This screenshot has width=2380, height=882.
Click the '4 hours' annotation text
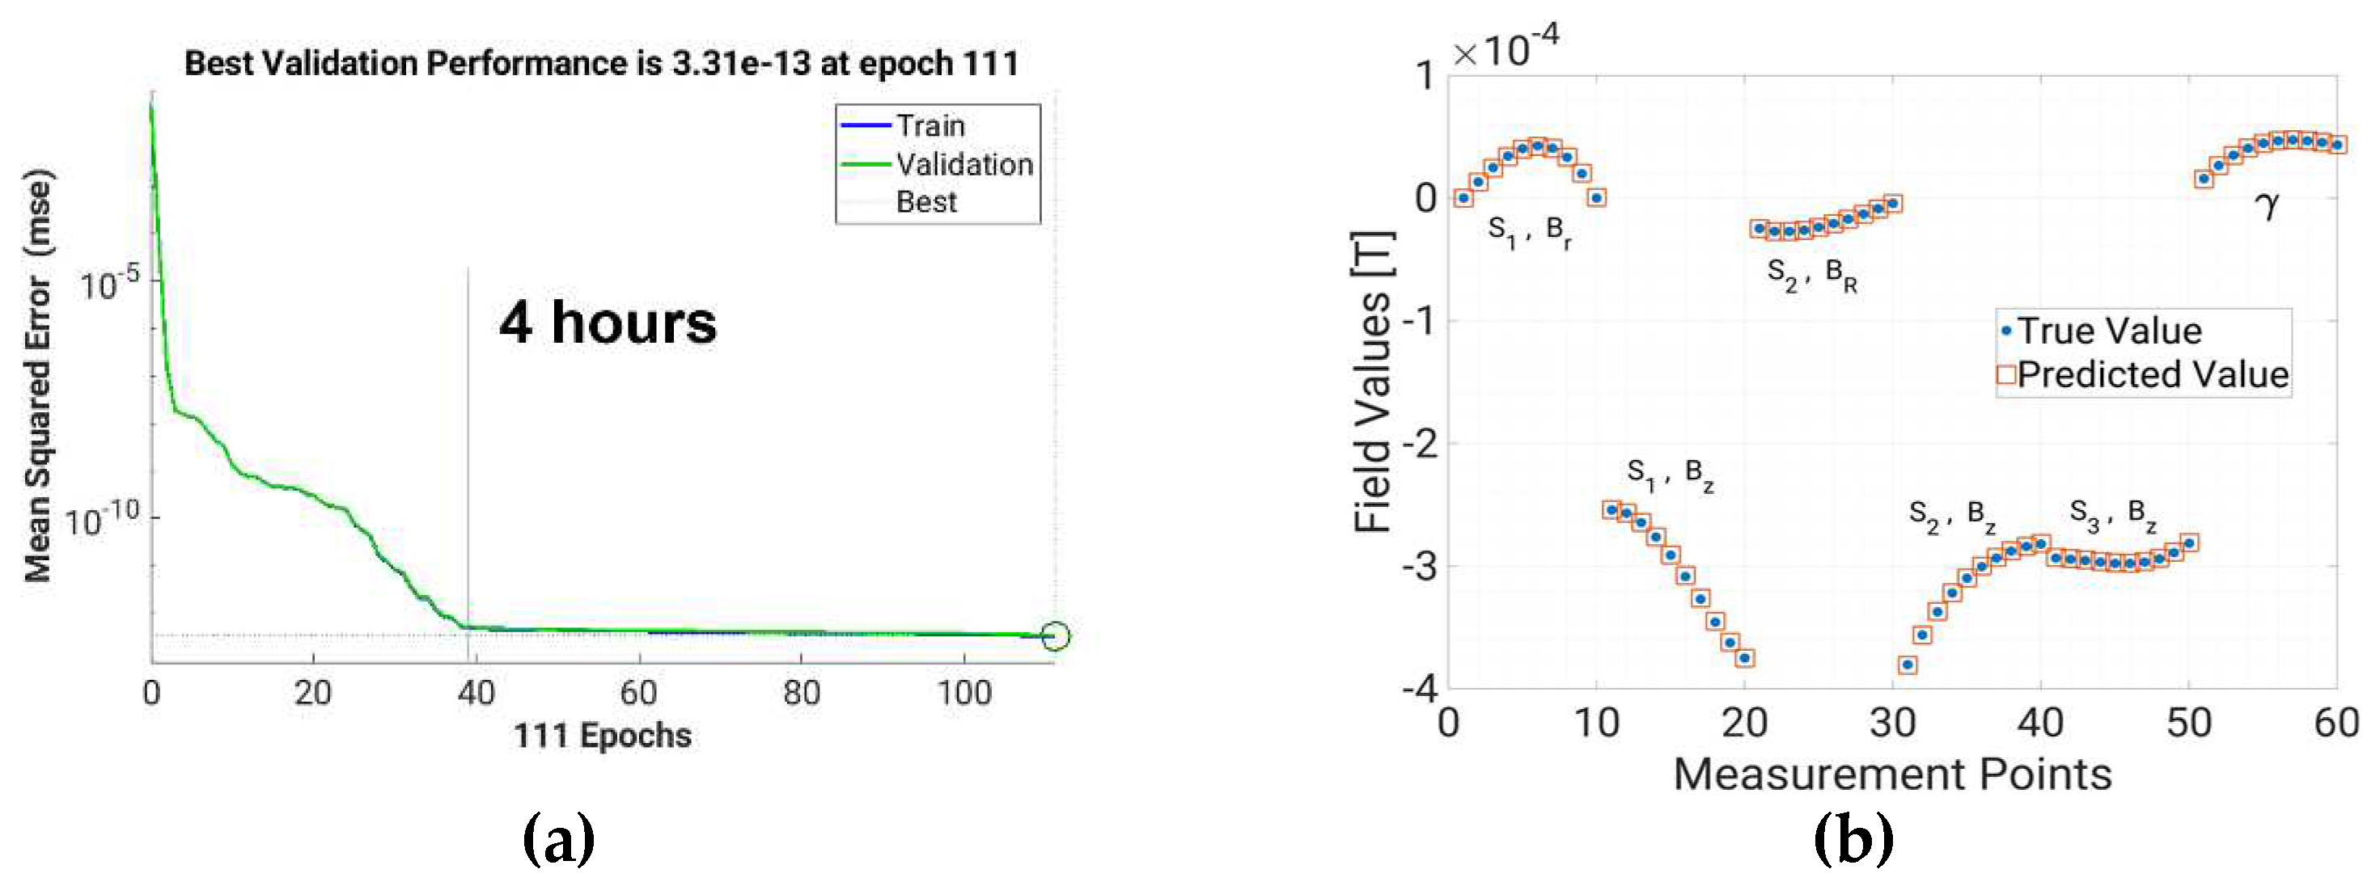(607, 323)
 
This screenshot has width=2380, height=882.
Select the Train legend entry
(930, 125)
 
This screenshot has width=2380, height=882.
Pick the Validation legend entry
(963, 164)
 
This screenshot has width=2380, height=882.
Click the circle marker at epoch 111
(1055, 636)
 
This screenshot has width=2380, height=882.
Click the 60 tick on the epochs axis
(638, 693)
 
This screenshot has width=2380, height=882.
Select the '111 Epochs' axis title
(603, 736)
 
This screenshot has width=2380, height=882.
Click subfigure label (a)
(558, 839)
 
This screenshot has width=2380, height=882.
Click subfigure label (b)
(1853, 839)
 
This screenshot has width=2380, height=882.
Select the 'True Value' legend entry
(2109, 331)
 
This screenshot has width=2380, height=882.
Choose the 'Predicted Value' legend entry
(2152, 375)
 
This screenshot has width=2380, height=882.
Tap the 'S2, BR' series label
(1812, 275)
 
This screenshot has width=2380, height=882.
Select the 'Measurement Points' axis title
(1892, 774)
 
